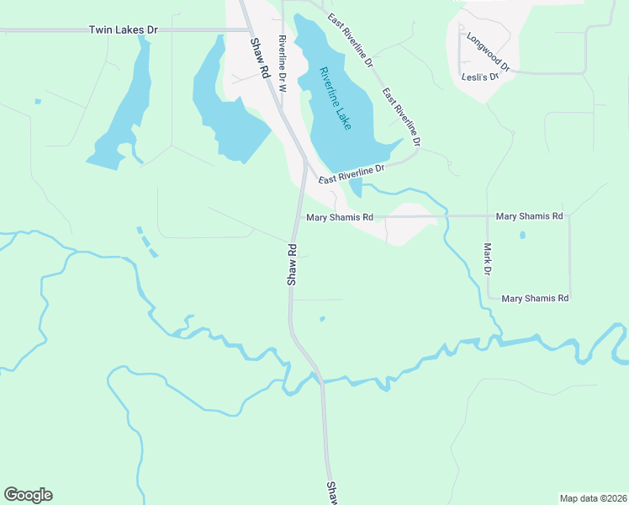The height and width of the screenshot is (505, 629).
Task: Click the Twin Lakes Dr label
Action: (123, 29)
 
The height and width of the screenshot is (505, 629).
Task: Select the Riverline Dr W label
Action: (283, 65)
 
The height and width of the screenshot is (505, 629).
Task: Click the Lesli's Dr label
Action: (480, 77)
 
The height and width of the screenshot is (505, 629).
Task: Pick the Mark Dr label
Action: (486, 259)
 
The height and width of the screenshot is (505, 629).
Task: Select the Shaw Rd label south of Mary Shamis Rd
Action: (293, 265)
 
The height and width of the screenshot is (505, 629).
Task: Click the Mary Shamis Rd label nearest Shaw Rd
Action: (340, 217)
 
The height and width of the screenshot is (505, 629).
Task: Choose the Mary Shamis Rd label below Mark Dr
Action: (535, 299)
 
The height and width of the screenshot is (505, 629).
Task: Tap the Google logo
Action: (28, 495)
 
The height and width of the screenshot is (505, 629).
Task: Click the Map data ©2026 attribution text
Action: (593, 497)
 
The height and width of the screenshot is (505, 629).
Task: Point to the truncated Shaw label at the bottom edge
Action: (331, 494)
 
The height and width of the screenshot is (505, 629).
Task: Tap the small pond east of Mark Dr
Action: (522, 235)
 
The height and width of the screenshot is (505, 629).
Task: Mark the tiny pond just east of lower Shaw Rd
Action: (322, 318)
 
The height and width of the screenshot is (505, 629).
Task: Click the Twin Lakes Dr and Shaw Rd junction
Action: (245, 30)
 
